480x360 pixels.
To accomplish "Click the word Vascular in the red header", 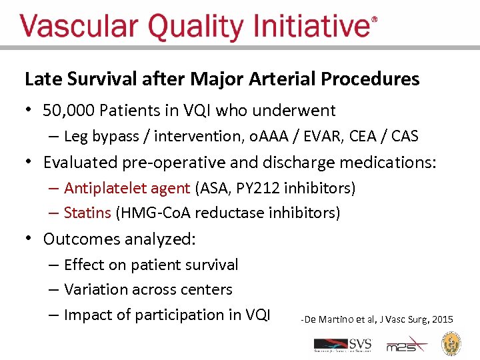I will [x=79, y=27].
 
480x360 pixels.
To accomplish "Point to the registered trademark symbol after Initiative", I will [x=374, y=20].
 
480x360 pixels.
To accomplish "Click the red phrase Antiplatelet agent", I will [x=127, y=188].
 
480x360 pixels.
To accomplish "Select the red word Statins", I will [x=87, y=213].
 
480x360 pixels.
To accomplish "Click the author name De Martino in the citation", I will [x=331, y=320].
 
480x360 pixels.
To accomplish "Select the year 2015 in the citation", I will [x=442, y=320].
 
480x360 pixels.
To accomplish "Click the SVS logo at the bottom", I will [x=343, y=345].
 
